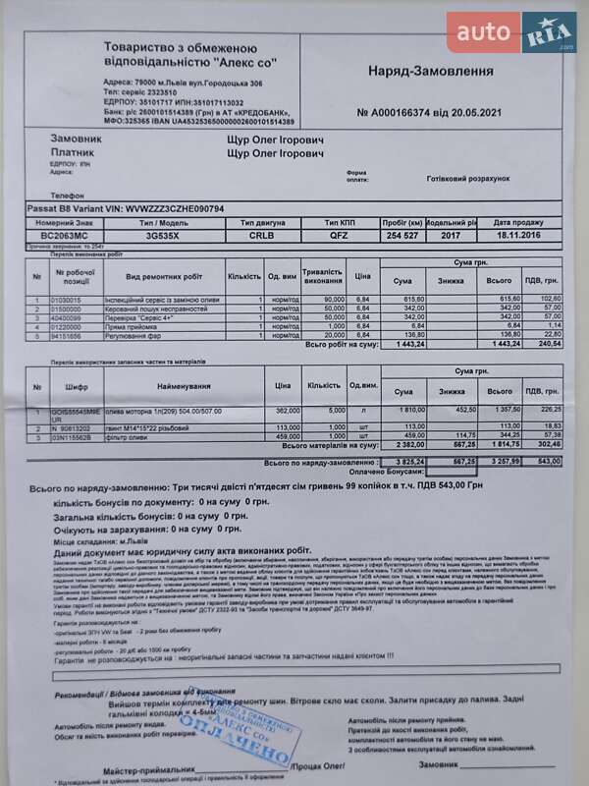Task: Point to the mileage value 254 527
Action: [402, 236]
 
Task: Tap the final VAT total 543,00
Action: [549, 461]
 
